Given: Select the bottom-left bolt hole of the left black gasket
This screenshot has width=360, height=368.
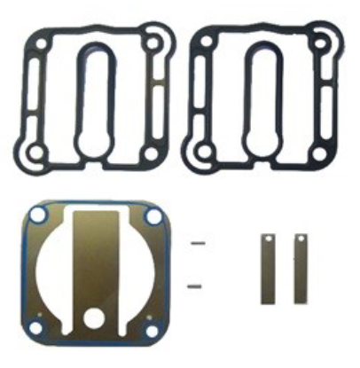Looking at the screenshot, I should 34,156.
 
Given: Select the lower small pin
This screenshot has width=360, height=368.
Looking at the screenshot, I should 199,285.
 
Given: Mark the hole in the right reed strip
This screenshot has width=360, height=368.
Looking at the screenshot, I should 301,240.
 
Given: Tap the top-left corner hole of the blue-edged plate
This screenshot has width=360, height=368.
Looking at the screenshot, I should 38,217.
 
